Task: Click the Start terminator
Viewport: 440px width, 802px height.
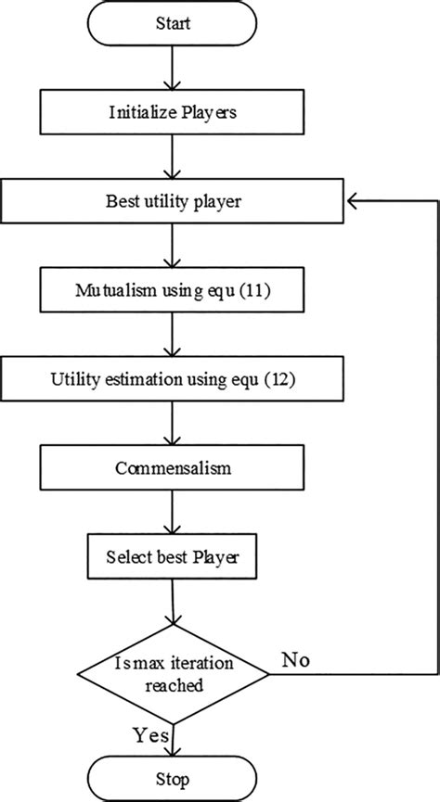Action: tap(174, 23)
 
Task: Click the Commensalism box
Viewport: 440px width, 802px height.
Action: tap(174, 469)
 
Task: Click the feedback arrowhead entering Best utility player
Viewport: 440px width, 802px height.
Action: tap(353, 198)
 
